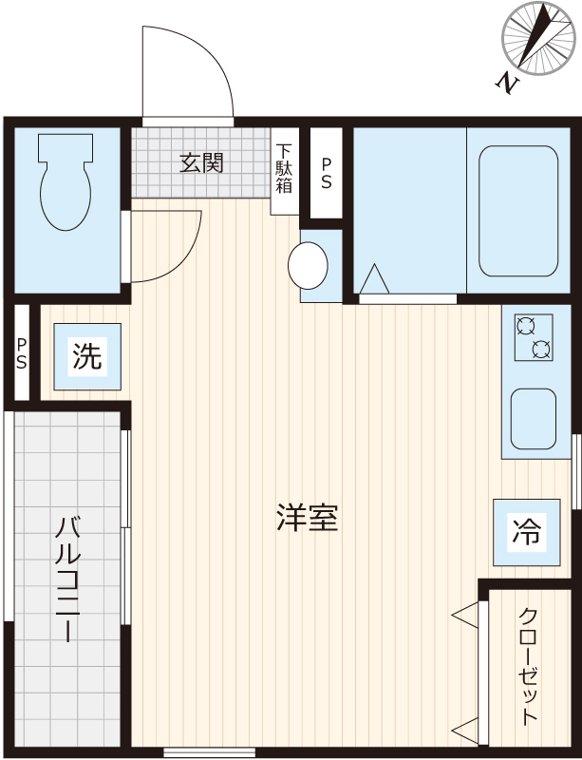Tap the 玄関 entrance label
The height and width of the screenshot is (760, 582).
(x=200, y=162)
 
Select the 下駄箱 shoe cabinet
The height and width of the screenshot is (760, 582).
(x=285, y=171)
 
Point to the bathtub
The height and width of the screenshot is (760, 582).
(x=517, y=210)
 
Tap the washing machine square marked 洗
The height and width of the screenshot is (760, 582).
(x=86, y=357)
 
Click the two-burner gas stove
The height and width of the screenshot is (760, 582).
(x=533, y=338)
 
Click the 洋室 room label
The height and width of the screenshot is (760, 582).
(x=308, y=519)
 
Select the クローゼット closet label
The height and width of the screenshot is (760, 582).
(x=528, y=666)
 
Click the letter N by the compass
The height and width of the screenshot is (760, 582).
(x=510, y=84)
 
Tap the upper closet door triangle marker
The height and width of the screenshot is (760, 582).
(x=466, y=617)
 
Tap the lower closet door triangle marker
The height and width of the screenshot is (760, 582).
(x=466, y=731)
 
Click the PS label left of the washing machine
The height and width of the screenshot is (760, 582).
(x=21, y=352)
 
